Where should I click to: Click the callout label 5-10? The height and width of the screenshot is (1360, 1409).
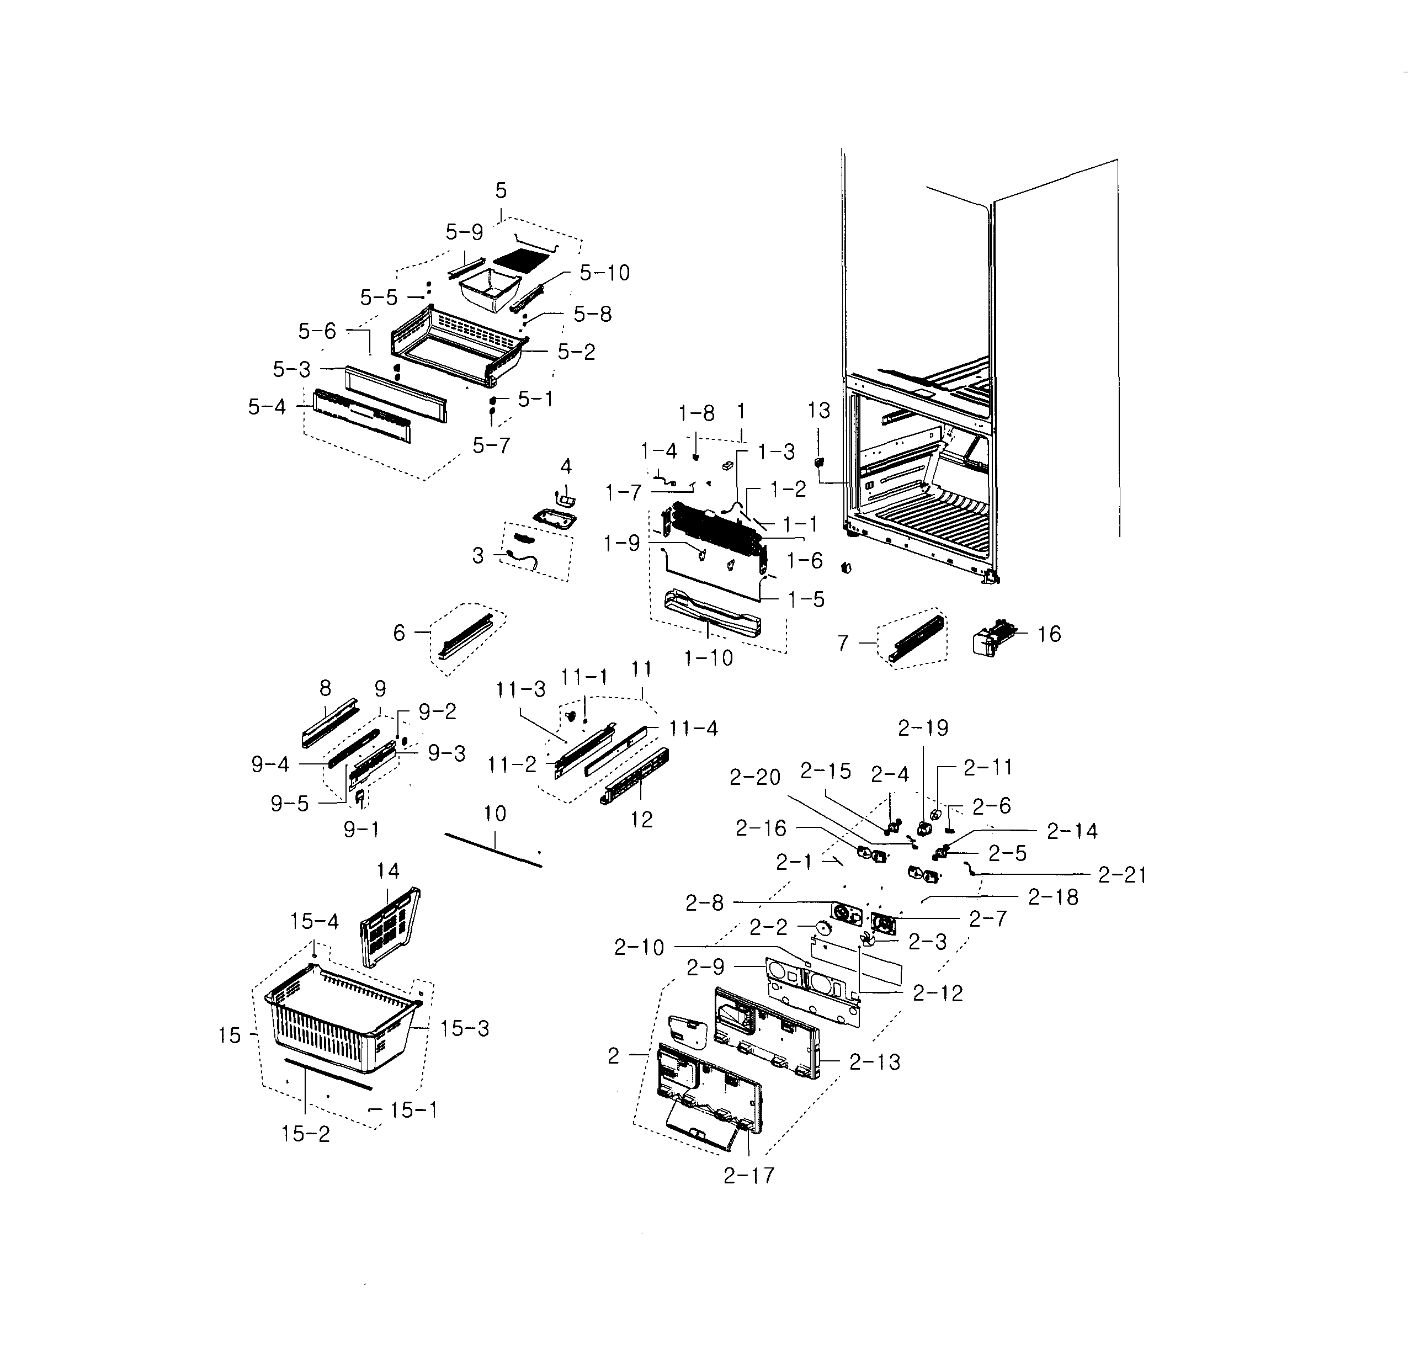click(604, 273)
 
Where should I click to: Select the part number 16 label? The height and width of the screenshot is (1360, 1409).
click(1049, 634)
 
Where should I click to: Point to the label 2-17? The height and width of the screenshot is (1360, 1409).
click(749, 1175)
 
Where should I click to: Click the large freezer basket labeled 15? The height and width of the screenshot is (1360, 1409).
click(338, 1028)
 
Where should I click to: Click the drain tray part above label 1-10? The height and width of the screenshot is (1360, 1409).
click(712, 614)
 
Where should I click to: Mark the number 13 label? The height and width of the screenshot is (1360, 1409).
click(819, 411)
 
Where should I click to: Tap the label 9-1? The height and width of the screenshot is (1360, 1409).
click(361, 830)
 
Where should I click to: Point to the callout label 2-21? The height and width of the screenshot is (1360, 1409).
click(1122, 875)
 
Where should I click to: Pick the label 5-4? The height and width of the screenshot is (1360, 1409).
click(267, 407)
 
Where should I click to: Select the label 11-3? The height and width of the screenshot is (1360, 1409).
click(520, 690)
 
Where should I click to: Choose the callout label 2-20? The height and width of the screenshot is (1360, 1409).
click(755, 777)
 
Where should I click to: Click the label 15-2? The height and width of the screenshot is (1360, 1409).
click(306, 1134)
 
